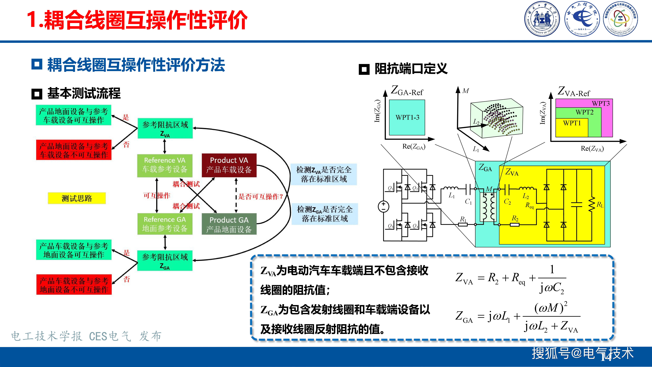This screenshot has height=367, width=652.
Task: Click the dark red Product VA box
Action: pos(229,165)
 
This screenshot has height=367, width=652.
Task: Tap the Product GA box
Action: pos(229,224)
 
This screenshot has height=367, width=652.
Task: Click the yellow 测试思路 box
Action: pos(77,198)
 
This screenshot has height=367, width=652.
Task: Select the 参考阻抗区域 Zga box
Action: pos(165,261)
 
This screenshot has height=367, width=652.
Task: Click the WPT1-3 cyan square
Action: pos(407,117)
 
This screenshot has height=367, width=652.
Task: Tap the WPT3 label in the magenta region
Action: pos(601,104)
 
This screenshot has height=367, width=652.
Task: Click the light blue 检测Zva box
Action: pos(324,174)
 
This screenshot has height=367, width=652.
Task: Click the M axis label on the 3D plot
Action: pos(465,91)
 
